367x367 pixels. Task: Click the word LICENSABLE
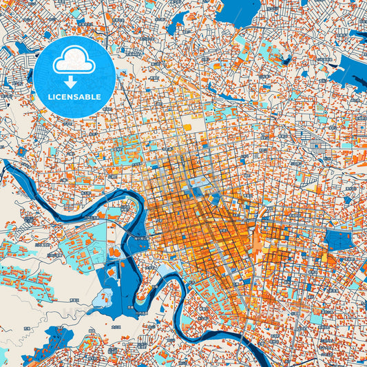73,97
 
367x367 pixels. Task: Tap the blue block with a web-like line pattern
338,240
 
